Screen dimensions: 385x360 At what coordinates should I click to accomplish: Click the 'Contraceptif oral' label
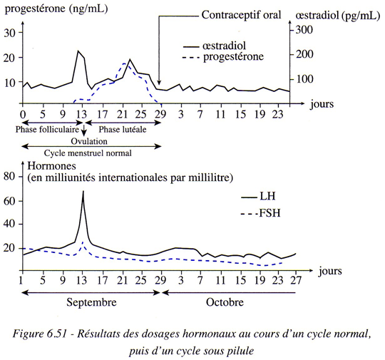point(241,15)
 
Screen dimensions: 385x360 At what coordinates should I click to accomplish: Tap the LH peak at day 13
point(83,191)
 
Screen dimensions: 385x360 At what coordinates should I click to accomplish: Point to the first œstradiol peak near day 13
point(78,51)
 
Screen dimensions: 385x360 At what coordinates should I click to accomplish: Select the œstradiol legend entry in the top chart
point(215,46)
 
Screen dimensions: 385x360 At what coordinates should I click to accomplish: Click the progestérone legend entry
point(223,57)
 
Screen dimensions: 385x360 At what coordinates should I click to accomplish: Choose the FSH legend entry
point(260,213)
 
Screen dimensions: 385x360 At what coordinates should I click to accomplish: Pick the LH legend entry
point(258,197)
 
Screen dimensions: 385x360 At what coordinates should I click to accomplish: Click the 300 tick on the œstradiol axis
point(304,30)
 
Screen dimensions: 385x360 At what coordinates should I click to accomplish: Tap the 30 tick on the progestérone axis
point(10,33)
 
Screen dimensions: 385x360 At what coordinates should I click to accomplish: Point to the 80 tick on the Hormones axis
point(10,176)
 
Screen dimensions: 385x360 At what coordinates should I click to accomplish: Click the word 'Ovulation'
point(89,141)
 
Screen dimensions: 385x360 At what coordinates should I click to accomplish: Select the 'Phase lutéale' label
point(123,130)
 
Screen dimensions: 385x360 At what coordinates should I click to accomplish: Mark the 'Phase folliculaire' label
point(47,130)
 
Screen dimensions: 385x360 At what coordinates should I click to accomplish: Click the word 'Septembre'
point(91,302)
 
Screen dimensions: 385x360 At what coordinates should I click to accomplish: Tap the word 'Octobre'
point(225,302)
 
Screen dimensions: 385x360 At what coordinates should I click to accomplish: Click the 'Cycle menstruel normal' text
point(88,153)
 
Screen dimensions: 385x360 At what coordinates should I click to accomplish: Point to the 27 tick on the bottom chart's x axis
point(295,280)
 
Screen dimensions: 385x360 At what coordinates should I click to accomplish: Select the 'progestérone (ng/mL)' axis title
point(56,9)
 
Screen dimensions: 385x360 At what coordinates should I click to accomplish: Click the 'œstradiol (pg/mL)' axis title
point(338,16)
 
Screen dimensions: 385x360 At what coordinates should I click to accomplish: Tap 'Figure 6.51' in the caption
point(40,334)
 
